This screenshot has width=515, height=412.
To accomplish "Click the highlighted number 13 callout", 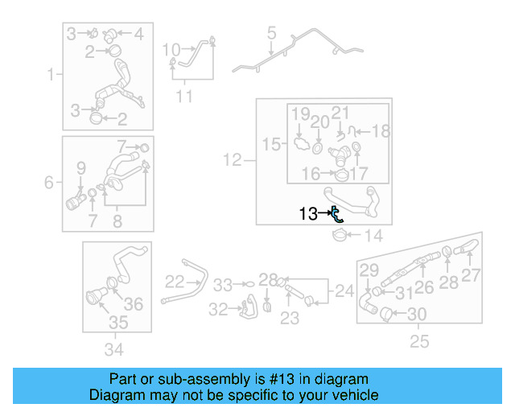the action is click(308, 213).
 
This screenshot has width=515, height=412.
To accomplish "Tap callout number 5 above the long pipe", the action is click(271, 33).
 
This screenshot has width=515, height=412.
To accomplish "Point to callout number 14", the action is click(373, 236).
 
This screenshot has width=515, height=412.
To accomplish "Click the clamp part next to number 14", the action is click(340, 235).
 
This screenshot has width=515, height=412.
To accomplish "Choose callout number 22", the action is click(175, 282).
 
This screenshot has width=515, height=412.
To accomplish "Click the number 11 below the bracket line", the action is click(184, 97).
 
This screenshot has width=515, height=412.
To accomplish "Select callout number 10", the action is click(171, 50).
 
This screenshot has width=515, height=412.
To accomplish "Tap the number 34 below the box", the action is click(114, 349).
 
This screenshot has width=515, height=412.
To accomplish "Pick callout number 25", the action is click(419, 341).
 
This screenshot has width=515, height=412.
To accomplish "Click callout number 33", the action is click(223, 285).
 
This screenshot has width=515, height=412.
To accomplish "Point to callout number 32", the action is click(218, 309).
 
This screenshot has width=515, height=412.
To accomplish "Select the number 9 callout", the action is click(81, 168).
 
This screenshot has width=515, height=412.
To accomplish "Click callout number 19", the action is click(300, 114).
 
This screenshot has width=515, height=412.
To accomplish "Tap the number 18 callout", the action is click(381, 131).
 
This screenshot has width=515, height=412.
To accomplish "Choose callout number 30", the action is click(417, 315).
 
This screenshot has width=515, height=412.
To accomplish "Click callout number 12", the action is click(233, 160).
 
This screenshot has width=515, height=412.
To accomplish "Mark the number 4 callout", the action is click(139, 34).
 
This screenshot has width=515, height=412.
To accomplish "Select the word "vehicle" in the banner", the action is click(356, 395).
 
